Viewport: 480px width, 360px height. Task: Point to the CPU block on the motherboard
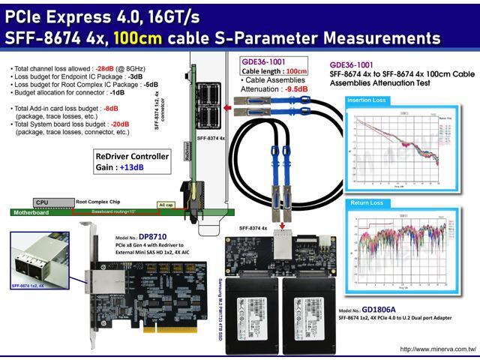(x=43, y=202)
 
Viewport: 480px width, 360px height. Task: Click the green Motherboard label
(x=31, y=213)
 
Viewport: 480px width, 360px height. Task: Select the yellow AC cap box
(x=166, y=204)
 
